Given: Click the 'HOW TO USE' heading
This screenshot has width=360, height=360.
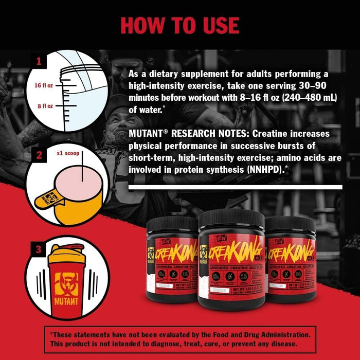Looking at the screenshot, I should click(180, 25).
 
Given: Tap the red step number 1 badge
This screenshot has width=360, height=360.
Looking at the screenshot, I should click(37, 62).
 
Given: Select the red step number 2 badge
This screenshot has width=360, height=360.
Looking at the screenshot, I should click(37, 153).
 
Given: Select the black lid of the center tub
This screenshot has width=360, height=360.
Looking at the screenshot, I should click(231, 219).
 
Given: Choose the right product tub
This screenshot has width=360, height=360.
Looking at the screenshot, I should click(292, 252).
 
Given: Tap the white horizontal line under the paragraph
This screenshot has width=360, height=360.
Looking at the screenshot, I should click(235, 188).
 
